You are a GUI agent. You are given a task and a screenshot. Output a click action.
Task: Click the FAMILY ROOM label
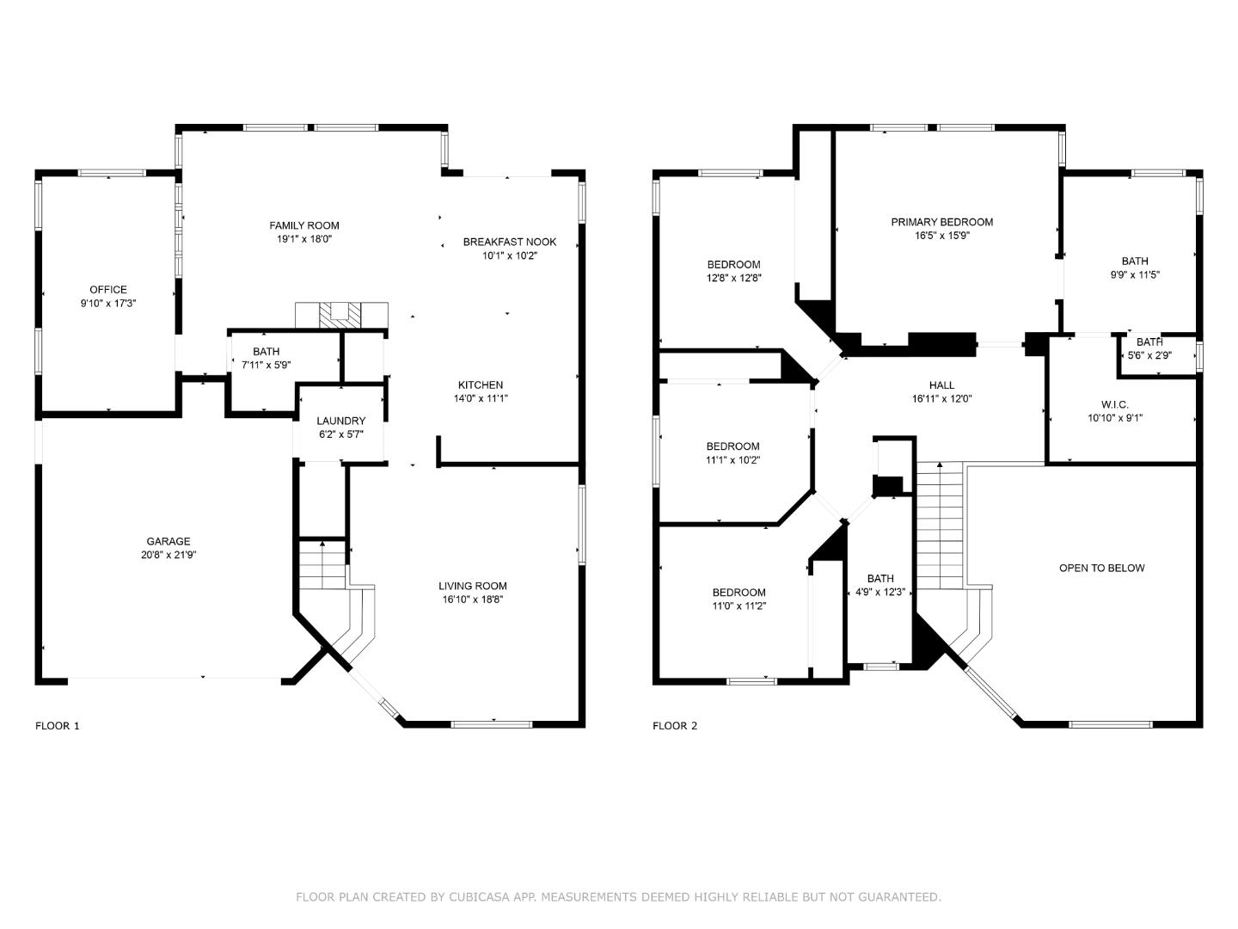pyautogui.click(x=304, y=225)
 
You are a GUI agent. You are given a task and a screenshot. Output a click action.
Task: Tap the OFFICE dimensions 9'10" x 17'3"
pyautogui.click(x=108, y=304)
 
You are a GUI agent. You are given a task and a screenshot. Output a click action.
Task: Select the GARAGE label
pyautogui.click(x=168, y=542)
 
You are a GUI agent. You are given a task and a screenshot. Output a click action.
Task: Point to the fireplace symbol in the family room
pyautogui.click(x=341, y=315)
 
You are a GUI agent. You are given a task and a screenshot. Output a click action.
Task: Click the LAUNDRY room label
pyautogui.click(x=340, y=421)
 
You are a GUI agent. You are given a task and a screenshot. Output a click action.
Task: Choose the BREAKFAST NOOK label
pyautogui.click(x=510, y=242)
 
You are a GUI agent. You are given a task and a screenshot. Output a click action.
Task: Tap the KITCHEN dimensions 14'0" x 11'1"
pyautogui.click(x=481, y=399)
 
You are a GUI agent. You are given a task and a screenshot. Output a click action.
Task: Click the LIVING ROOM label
pyautogui.click(x=473, y=586)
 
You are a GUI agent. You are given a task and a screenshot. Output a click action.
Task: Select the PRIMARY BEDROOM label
pyautogui.click(x=942, y=222)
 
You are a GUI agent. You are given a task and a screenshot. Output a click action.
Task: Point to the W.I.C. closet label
pyautogui.click(x=1114, y=405)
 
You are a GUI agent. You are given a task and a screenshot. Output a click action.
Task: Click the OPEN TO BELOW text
pyautogui.click(x=1102, y=568)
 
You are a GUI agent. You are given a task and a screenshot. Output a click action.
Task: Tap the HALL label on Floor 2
pyautogui.click(x=942, y=385)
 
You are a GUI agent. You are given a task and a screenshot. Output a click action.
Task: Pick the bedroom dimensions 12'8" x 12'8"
pyautogui.click(x=734, y=278)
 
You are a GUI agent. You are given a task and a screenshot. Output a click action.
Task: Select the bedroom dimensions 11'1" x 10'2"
pyautogui.click(x=732, y=460)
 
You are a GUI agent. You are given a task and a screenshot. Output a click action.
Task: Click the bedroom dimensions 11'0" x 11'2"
pyautogui.click(x=739, y=606)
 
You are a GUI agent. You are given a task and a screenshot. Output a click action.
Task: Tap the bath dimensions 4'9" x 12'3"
pyautogui.click(x=879, y=593)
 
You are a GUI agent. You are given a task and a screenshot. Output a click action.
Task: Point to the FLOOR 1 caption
pyautogui.click(x=58, y=726)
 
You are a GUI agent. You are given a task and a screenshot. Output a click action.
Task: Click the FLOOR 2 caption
pyautogui.click(x=675, y=726)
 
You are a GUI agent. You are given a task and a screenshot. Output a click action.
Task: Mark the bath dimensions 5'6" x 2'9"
pyautogui.click(x=1149, y=356)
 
